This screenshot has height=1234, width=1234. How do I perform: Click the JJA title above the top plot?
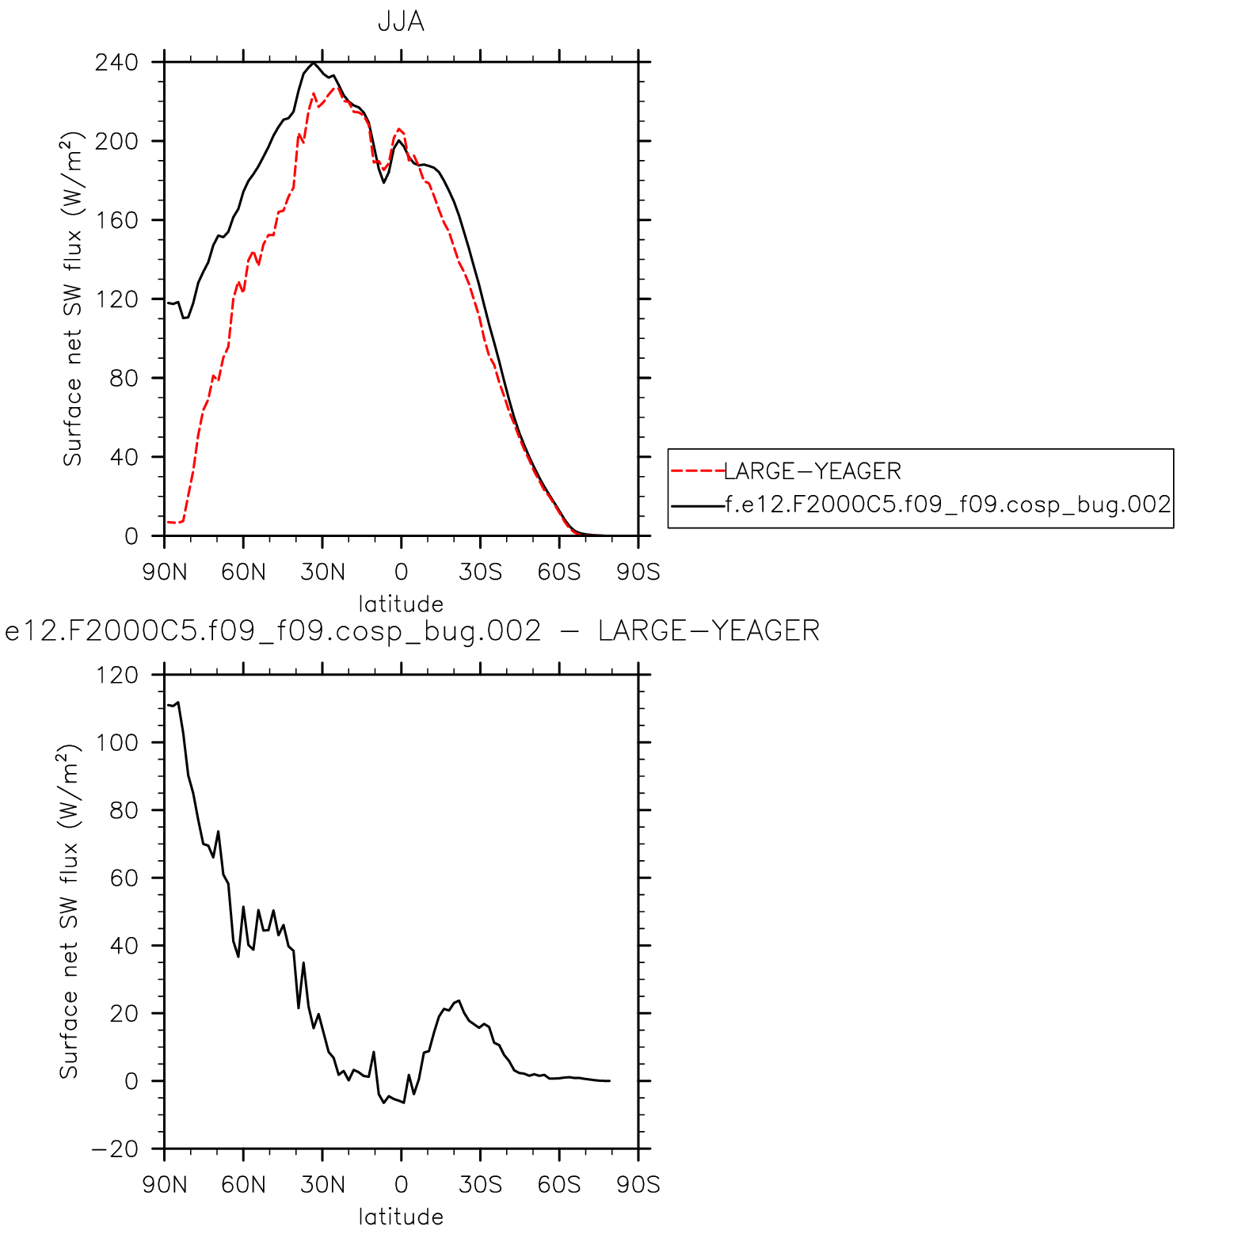[x=401, y=22]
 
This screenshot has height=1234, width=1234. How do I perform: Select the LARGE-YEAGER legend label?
[x=813, y=471]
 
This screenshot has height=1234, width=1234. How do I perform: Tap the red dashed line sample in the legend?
[x=697, y=471]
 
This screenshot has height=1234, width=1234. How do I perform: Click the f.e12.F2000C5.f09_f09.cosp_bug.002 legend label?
[x=948, y=505]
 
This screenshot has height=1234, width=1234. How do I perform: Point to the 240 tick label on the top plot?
[x=116, y=62]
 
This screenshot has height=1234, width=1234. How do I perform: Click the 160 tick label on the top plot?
[x=116, y=220]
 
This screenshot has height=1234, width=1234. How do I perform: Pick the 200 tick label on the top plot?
[x=116, y=141]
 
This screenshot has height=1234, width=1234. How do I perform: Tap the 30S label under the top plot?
[x=480, y=572]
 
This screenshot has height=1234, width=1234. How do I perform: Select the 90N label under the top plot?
[x=165, y=572]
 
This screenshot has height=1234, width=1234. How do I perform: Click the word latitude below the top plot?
[x=401, y=604]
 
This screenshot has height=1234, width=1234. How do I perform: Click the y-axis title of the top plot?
[x=72, y=299]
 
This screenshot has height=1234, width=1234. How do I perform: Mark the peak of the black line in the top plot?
[x=314, y=63]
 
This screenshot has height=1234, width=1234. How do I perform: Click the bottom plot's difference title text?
[x=412, y=631]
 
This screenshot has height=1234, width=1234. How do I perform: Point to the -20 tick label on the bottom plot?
[x=114, y=1149]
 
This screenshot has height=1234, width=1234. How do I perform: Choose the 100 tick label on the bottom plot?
[x=116, y=743]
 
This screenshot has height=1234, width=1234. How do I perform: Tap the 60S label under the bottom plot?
[x=559, y=1185]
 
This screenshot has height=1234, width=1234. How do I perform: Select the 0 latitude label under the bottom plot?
[x=401, y=1185]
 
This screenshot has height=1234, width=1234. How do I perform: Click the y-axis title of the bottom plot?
[x=70, y=911]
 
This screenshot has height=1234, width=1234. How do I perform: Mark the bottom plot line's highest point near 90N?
[x=177, y=702]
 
